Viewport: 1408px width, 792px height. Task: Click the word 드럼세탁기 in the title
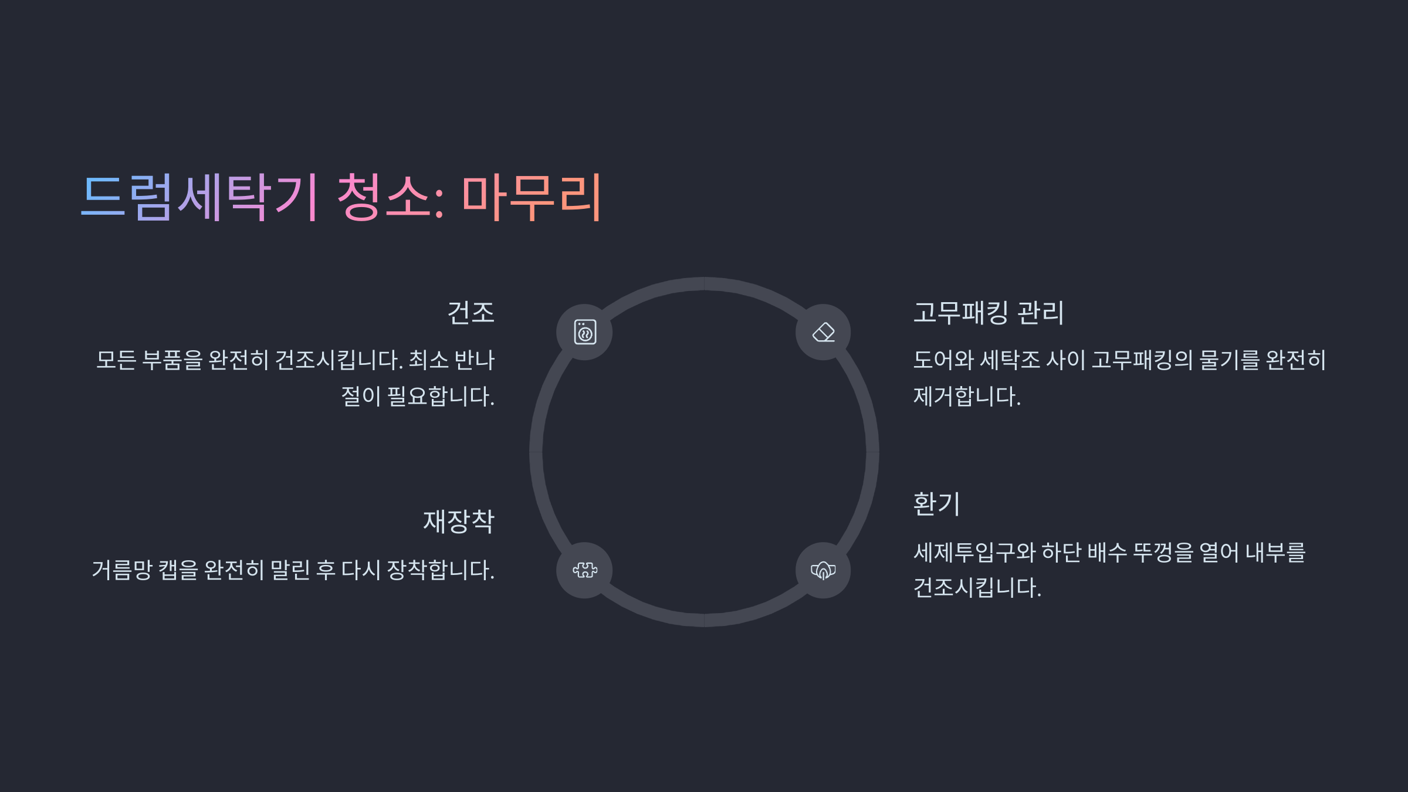point(199,197)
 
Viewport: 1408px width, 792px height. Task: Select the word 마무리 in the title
point(532,197)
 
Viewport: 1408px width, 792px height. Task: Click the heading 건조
point(471,312)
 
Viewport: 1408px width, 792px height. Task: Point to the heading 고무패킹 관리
point(989,312)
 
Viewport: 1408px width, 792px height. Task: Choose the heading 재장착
point(459,521)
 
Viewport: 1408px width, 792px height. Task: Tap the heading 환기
point(936,503)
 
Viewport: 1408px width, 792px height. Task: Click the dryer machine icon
point(585,332)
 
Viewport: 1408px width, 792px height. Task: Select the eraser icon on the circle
point(823,332)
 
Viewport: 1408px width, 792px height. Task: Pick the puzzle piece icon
point(585,570)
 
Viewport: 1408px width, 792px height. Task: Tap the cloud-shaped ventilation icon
point(823,570)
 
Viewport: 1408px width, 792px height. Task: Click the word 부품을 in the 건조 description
point(172,360)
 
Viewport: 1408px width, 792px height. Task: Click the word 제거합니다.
point(967,397)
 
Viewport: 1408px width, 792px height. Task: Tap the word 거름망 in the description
point(122,570)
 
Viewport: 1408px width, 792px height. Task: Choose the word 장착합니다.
point(440,570)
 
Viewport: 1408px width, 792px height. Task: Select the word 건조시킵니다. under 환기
point(977,588)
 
